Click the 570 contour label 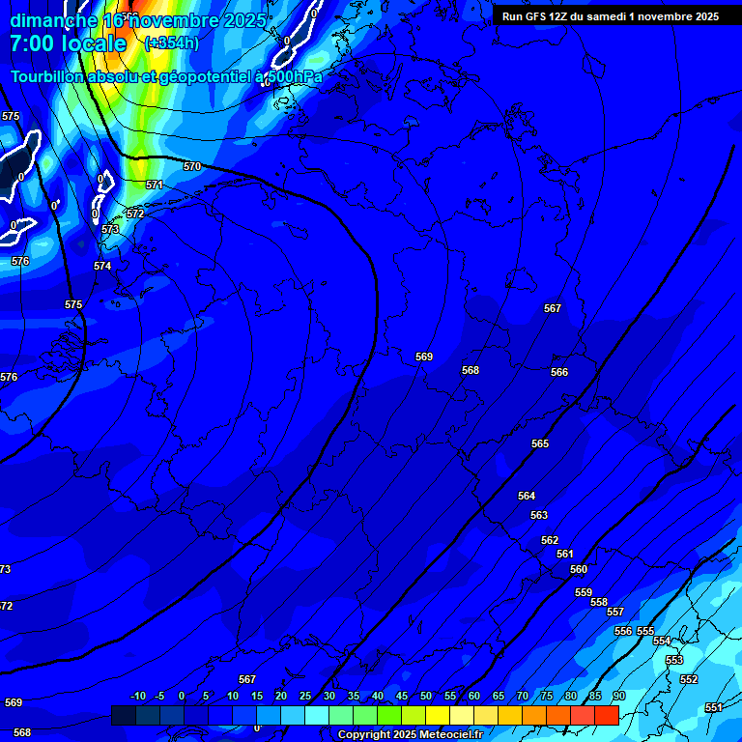[192, 166]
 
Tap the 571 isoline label [155, 185]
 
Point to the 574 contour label [102, 266]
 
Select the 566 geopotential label [559, 372]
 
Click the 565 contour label [540, 443]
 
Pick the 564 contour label [527, 496]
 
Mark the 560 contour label [579, 569]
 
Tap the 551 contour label [713, 707]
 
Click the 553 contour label [674, 660]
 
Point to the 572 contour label [135, 214]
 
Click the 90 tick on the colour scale [618, 697]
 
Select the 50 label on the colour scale [426, 697]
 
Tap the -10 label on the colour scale [138, 697]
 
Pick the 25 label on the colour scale [305, 697]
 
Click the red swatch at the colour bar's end [607, 715]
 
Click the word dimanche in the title [53, 19]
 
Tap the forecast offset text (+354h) [171, 43]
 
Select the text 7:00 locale [68, 43]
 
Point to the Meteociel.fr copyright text [410, 735]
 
